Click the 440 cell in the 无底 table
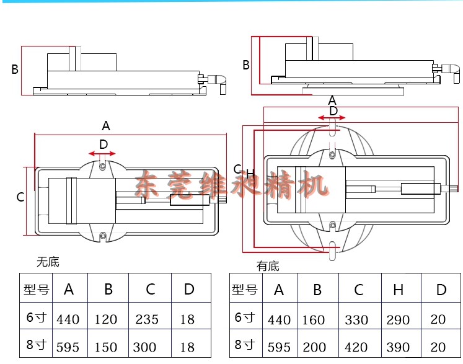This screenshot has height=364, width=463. (x=68, y=319)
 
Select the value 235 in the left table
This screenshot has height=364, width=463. (x=148, y=319)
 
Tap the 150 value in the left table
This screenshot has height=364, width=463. (x=106, y=347)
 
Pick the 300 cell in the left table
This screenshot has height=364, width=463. (x=148, y=347)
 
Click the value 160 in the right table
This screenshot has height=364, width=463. (x=314, y=320)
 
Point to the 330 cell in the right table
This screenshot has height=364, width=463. (x=356, y=320)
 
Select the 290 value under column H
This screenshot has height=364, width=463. (x=398, y=320)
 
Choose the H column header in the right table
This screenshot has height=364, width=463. (x=399, y=290)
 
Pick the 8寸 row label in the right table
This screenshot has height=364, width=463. (x=244, y=344)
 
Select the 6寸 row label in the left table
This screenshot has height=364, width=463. (x=37, y=319)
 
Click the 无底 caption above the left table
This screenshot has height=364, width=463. (x=47, y=262)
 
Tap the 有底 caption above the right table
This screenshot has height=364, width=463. (x=268, y=266)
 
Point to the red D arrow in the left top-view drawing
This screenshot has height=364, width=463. (x=103, y=153)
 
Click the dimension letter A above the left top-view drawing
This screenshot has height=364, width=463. (x=106, y=126)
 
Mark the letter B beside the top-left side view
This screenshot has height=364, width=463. (x=15, y=69)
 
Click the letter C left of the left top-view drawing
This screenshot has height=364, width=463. (x=20, y=197)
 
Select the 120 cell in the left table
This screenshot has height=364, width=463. (x=106, y=319)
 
